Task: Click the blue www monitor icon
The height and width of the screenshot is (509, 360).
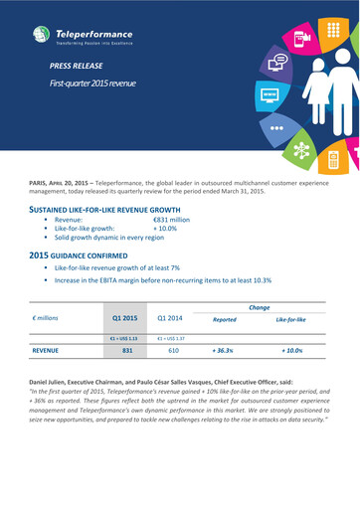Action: pos(268,97)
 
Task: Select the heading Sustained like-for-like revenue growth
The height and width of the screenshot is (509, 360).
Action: pos(103,212)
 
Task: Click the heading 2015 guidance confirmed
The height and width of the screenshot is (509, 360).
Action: pos(88,256)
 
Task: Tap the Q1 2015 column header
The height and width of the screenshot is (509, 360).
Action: pos(124,318)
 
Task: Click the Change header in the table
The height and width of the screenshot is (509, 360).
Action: pos(260,308)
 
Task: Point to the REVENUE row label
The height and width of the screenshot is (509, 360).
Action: pos(46,351)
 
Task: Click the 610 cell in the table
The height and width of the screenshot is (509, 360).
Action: pos(172,351)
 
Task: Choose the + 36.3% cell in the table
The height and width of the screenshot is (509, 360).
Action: pos(224,351)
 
